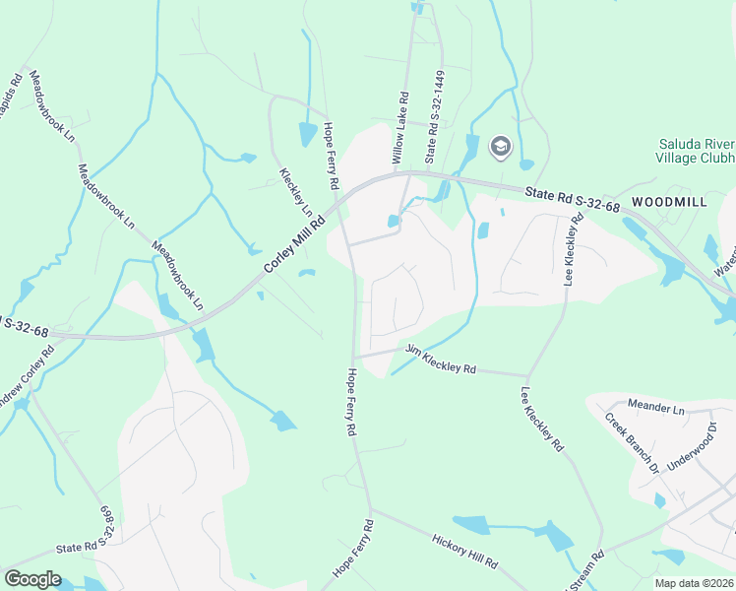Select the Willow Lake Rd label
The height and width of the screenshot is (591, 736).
[x=399, y=128]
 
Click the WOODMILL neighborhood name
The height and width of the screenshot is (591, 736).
[x=669, y=201]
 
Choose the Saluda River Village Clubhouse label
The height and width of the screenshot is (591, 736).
[x=697, y=151]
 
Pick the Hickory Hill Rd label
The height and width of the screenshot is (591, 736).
[x=464, y=550]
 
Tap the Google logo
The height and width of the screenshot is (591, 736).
[x=32, y=579]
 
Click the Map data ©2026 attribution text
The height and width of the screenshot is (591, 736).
[x=693, y=582]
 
